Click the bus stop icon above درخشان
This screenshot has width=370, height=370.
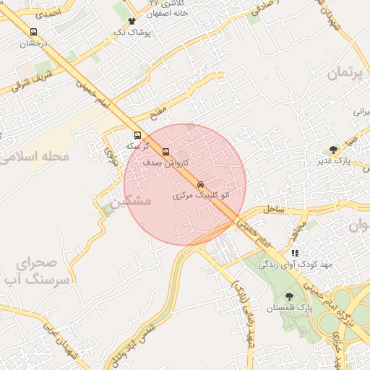(x=33, y=32)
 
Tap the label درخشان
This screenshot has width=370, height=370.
(x=33, y=43)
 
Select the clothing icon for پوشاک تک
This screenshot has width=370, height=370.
(x=131, y=22)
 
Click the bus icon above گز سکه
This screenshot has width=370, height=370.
(x=138, y=135)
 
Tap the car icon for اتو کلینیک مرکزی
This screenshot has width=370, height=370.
(x=200, y=184)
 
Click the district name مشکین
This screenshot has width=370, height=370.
(x=133, y=200)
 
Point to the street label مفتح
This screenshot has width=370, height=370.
(x=158, y=112)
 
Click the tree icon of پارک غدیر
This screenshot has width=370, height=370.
(x=332, y=150)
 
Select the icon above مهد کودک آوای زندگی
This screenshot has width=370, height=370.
(x=294, y=253)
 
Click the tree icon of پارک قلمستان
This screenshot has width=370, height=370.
(x=290, y=296)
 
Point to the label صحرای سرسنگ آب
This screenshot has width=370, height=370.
(x=44, y=270)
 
